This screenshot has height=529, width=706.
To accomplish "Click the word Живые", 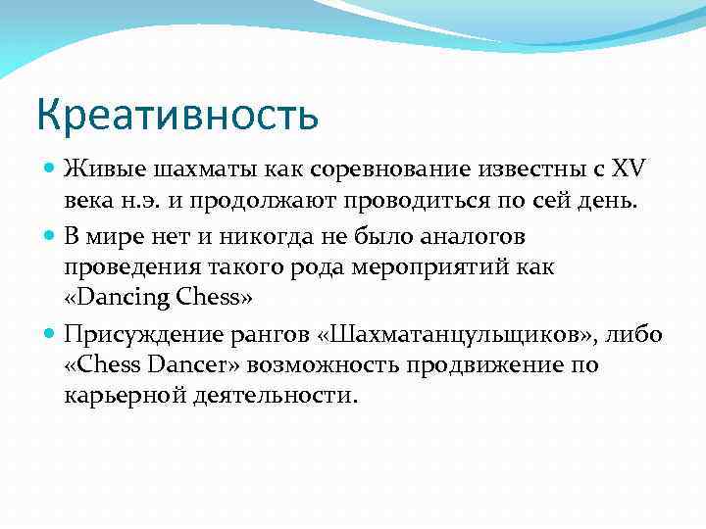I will tap(96, 168).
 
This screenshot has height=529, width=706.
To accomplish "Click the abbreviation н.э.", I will tap(130, 202).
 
